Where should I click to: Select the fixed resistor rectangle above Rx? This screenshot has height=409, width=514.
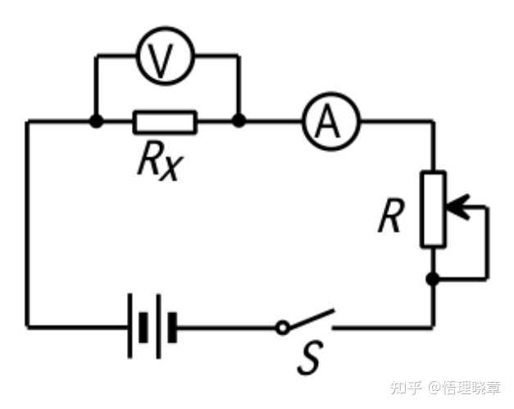point(165,122)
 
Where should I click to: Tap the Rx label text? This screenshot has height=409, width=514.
point(161,162)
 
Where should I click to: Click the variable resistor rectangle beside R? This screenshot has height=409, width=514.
point(433,209)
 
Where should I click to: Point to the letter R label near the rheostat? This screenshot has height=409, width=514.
point(391,216)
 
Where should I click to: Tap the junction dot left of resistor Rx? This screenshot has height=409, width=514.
point(97,121)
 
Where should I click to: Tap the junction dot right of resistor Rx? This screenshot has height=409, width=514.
point(239,121)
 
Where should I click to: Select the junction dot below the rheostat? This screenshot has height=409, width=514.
point(433,279)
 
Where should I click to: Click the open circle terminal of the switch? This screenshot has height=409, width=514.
point(283,327)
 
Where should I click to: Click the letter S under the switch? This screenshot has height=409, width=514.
point(310,357)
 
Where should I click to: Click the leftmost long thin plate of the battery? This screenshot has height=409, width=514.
point(130,325)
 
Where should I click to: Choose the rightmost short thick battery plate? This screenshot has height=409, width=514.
point(172,328)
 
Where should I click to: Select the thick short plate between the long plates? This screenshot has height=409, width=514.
point(143,328)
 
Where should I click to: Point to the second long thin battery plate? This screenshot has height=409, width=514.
point(159,326)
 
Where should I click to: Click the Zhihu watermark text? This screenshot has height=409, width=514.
point(445,388)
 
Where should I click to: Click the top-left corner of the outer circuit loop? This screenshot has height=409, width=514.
point(28,121)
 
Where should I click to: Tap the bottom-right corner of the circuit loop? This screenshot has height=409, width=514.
point(433,327)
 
